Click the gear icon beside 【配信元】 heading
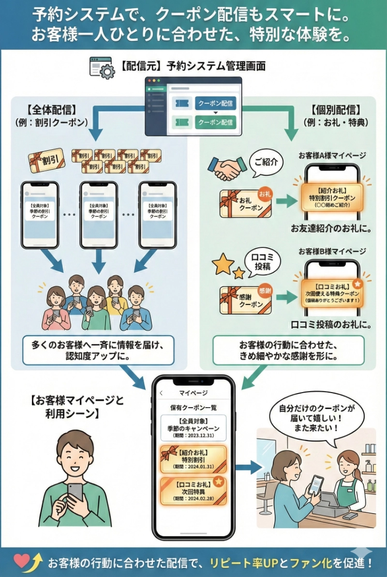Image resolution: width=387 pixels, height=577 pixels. pos(107,72)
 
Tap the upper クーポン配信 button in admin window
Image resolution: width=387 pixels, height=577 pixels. pos(216,103)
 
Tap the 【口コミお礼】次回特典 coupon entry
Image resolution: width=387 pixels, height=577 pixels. pos(193,490)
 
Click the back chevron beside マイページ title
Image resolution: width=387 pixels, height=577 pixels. pos(162,393)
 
